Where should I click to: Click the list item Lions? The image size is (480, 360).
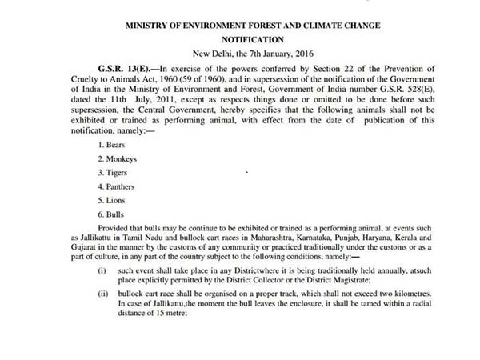click(x=109, y=199)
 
